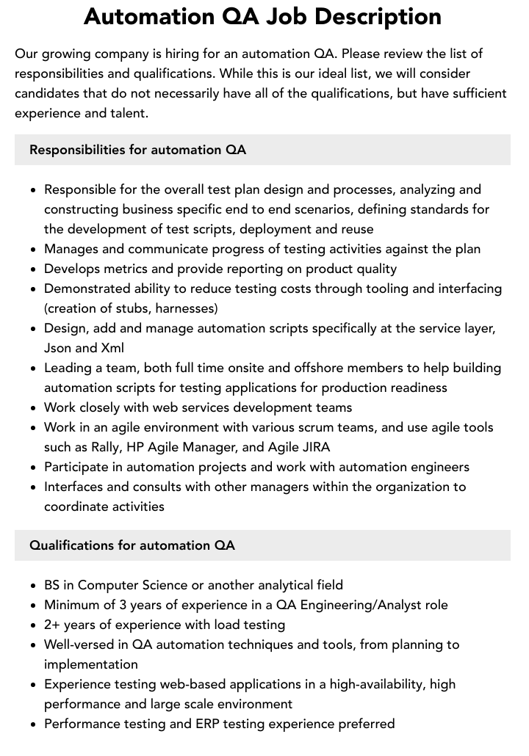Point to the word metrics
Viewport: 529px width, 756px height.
[x=121, y=269]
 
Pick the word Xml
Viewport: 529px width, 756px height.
[x=111, y=348]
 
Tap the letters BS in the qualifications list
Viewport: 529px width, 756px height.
[x=52, y=585]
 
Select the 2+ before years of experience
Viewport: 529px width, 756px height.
[x=53, y=625]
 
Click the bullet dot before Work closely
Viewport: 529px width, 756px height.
[x=33, y=408]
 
